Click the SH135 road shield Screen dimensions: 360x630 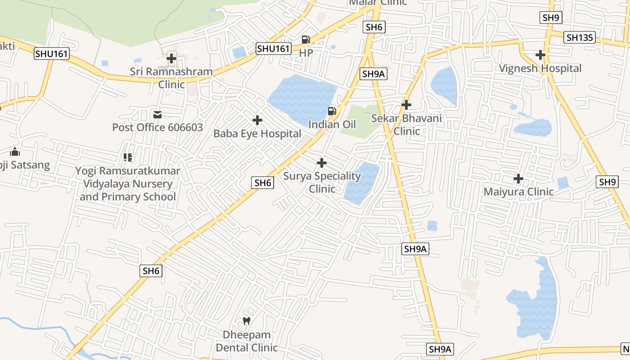[x=580, y=37]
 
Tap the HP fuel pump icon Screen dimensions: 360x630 [x=306, y=40]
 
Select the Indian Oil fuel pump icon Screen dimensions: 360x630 [x=332, y=111]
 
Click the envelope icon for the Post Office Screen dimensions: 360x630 [x=157, y=115]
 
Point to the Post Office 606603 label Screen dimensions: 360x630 [x=157, y=127]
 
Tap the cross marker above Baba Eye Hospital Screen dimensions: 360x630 [x=257, y=120]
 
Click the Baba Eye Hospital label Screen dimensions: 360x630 [x=257, y=134]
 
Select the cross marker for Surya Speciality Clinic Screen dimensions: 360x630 [x=322, y=162]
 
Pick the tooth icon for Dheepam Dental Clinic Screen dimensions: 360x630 [x=246, y=321]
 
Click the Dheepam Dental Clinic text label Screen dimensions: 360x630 [x=247, y=341]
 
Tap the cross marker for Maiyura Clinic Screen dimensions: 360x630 [x=518, y=179]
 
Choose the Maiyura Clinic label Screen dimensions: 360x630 [x=518, y=192]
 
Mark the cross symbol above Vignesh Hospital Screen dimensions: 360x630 [x=540, y=55]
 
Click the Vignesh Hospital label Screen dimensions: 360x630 [x=540, y=68]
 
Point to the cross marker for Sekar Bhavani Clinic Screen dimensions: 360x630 [x=406, y=105]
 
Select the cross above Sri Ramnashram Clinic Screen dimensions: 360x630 [x=171, y=58]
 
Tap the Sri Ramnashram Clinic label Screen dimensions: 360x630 [x=171, y=78]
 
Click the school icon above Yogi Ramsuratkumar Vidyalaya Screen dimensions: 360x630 [x=128, y=157]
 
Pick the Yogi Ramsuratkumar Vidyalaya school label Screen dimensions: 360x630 [x=128, y=184]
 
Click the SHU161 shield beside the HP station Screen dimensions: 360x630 [x=274, y=49]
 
